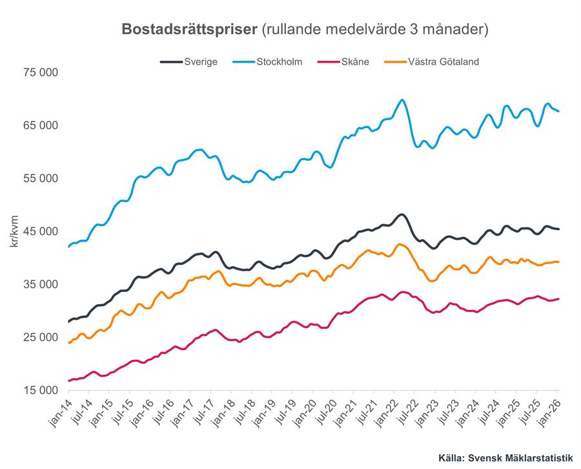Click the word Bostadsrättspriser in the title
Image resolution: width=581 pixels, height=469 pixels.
pyautogui.click(x=190, y=30)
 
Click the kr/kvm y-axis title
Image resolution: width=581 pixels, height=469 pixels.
pyautogui.click(x=14, y=231)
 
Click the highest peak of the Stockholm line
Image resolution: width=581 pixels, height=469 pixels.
pyautogui.click(x=402, y=100)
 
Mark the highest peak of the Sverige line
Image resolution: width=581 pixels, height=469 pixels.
pyautogui.click(x=402, y=214)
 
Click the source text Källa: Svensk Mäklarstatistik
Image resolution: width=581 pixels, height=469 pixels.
pyautogui.click(x=505, y=458)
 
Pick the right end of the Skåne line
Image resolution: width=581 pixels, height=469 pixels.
pyautogui.click(x=558, y=298)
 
